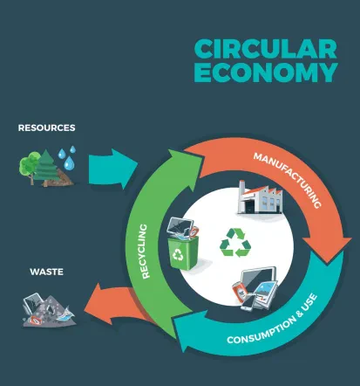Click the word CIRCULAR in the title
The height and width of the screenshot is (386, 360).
click(266, 49)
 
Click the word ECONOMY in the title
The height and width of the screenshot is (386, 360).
click(266, 72)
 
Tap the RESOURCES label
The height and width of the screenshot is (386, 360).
click(47, 128)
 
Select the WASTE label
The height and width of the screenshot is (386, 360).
click(46, 272)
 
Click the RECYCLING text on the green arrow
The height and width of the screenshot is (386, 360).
click(145, 251)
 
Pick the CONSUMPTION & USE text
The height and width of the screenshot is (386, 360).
click(273, 320)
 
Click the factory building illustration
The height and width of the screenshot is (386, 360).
click(260, 197)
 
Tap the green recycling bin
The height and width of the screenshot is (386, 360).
click(184, 252)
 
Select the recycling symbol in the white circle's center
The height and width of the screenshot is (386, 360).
click(235, 243)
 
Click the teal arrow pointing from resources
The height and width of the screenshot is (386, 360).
click(112, 169)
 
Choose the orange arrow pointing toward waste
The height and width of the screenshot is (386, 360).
click(116, 304)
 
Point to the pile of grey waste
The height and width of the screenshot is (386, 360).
click(49, 310)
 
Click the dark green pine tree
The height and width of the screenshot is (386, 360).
click(46, 169)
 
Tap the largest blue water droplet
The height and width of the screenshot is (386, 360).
click(69, 163)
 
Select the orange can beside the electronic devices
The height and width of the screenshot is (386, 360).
click(240, 291)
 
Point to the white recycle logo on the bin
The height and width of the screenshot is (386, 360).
click(178, 254)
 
